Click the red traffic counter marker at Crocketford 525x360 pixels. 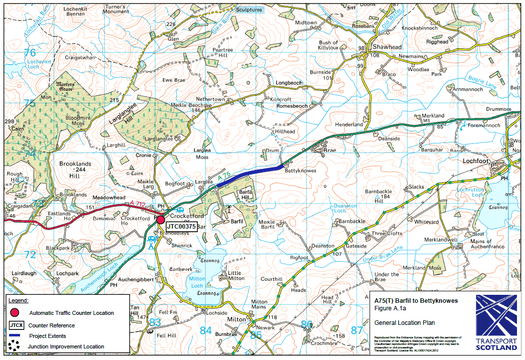click(x=160, y=219)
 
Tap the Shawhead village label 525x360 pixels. click(x=387, y=47)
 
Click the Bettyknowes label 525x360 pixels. click(x=300, y=171)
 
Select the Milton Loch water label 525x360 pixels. click(x=197, y=282)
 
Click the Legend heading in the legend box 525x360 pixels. click(x=19, y=300)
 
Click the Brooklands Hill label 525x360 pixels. click(x=75, y=170)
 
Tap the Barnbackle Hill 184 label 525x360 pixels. click(x=378, y=195)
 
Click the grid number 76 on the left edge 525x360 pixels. click(x=30, y=53)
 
